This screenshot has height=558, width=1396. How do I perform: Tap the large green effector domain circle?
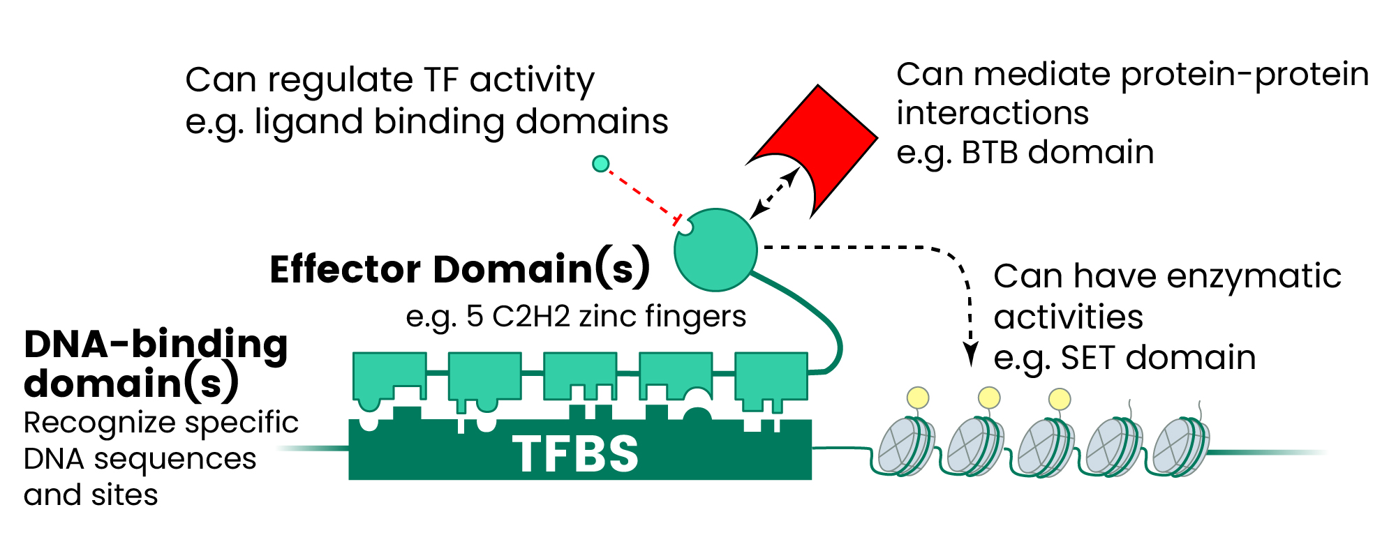pyautogui.click(x=715, y=250)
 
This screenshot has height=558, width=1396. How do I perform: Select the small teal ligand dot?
pyautogui.click(x=600, y=164)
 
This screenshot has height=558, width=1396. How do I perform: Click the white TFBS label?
pyautogui.click(x=576, y=454)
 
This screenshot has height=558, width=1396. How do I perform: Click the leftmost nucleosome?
pyautogui.click(x=904, y=446)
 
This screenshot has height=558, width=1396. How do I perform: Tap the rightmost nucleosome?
pyautogui.click(x=1180, y=446)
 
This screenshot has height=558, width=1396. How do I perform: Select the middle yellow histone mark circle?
pyautogui.click(x=989, y=398)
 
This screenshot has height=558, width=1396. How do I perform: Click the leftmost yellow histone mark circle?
pyautogui.click(x=918, y=398)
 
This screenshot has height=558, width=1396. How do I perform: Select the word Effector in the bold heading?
pyautogui.click(x=345, y=269)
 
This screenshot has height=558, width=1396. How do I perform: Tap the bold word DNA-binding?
pyautogui.click(x=156, y=344)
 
